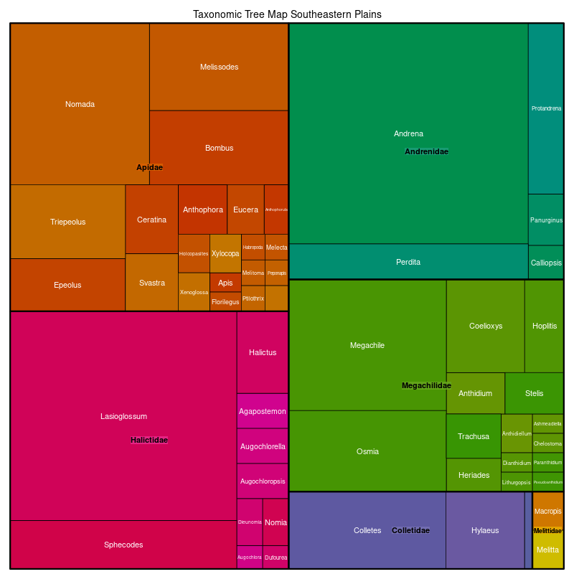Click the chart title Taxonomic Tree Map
tap(287, 14)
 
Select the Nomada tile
tap(80, 104)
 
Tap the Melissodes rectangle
tap(219, 67)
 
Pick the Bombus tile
tap(219, 148)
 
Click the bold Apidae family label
tap(149, 167)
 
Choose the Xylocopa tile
tap(225, 253)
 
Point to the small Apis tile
tap(225, 283)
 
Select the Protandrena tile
tap(546, 108)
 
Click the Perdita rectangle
tap(408, 262)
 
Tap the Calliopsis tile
tap(546, 263)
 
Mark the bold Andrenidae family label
tap(426, 151)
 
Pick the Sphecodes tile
tap(123, 545)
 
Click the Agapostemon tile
tap(263, 411)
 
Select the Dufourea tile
tap(276, 557)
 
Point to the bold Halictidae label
tap(149, 440)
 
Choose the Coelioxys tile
tap(486, 326)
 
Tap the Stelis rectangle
tap(534, 393)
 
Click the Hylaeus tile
tap(485, 530)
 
